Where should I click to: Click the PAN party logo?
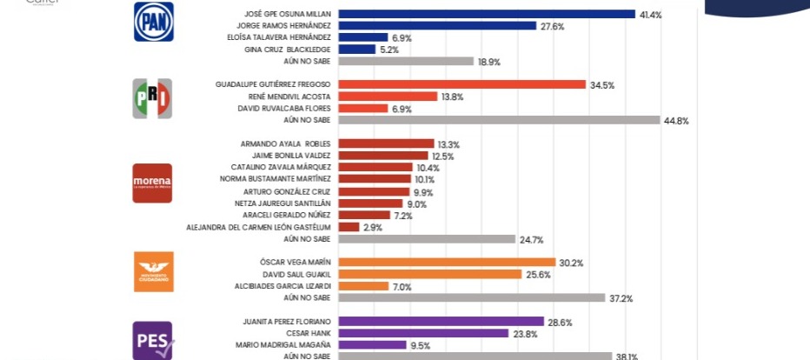[153, 22]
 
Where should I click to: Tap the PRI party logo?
[152, 98]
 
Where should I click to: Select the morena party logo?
[152, 183]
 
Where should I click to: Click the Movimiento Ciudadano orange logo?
[152, 272]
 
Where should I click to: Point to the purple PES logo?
[152, 340]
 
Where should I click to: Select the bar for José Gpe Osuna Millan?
[487, 14]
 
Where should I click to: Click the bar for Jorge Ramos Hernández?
[437, 26]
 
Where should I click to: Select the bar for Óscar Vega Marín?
[447, 262]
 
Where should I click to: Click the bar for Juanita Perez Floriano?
[441, 321]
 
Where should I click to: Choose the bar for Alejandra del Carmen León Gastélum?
[349, 226]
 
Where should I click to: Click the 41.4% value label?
[651, 15]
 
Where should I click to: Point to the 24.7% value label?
[531, 238]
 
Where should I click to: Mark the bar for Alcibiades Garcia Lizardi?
[363, 285]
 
